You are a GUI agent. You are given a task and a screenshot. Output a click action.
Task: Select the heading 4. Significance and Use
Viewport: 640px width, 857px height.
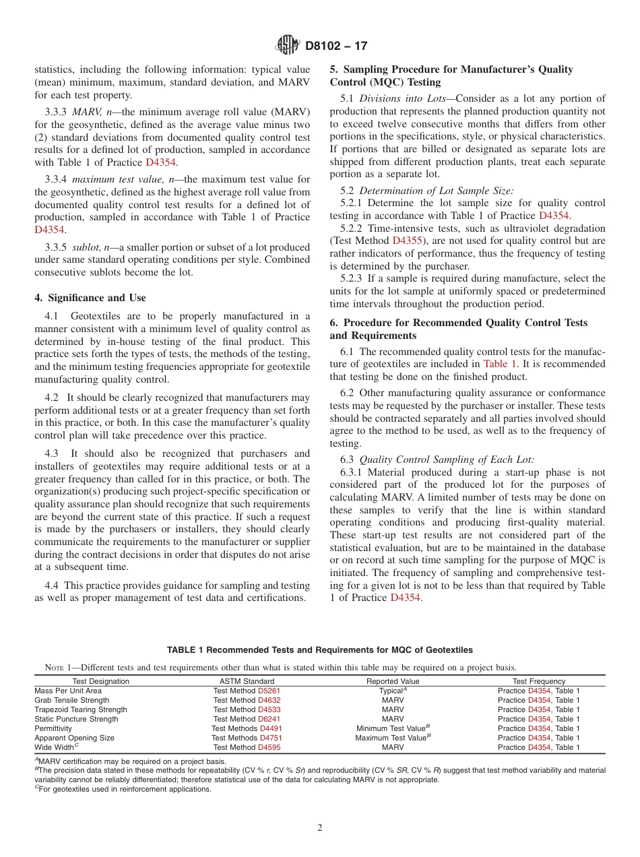click(90, 298)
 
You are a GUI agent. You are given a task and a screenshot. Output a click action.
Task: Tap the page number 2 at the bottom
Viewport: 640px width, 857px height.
click(320, 828)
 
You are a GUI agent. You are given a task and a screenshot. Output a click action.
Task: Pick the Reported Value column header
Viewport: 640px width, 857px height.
click(393, 681)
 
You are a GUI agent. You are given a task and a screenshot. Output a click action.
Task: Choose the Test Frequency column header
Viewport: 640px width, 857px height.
click(538, 681)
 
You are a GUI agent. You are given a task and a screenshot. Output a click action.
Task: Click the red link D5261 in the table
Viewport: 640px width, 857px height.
click(269, 691)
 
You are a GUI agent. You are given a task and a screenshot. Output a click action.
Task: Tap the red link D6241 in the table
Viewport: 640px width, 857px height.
click(269, 719)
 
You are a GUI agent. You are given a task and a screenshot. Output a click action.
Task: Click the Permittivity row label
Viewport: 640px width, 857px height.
click(53, 728)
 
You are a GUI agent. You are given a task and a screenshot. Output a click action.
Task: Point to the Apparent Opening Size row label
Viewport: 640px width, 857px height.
click(74, 738)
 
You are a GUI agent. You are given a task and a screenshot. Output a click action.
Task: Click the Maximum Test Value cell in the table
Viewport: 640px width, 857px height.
click(392, 738)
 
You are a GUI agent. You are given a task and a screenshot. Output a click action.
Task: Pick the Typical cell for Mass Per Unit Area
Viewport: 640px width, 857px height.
click(392, 691)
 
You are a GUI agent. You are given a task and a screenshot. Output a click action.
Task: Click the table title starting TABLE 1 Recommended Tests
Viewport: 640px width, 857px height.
click(320, 650)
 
